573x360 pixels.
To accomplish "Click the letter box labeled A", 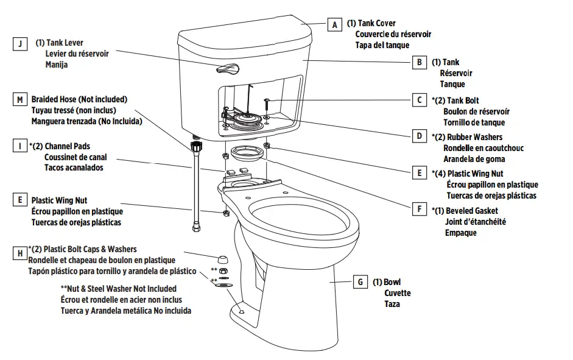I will [x=334, y=25].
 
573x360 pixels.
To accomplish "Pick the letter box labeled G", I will [x=360, y=282].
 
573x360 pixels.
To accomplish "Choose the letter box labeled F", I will [x=419, y=209].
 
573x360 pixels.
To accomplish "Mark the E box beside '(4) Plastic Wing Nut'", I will [x=419, y=173].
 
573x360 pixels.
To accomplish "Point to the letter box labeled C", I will [x=419, y=100].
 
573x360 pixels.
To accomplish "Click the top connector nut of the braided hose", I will [x=196, y=147].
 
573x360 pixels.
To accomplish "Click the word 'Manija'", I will [x=57, y=65].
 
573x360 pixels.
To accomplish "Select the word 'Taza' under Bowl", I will [x=392, y=304].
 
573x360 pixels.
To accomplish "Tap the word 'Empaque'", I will [x=460, y=233].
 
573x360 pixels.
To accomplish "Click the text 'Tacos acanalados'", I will [x=73, y=168].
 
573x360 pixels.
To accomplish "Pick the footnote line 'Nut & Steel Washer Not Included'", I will [x=118, y=289].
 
